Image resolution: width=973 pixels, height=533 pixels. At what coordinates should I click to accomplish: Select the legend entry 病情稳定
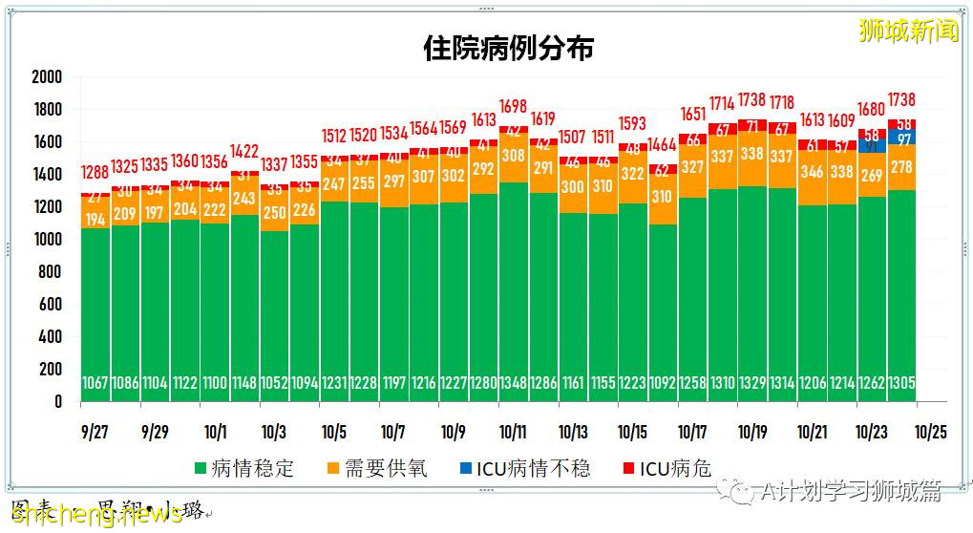coord(244,468)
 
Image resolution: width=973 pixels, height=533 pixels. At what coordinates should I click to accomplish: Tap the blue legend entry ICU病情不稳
coord(525,468)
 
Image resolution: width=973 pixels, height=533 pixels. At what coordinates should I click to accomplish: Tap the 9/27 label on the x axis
coord(95,432)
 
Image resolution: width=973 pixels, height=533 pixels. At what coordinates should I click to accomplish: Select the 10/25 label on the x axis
coord(930,432)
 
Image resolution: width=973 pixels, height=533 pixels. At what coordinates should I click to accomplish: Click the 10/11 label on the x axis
coord(513,432)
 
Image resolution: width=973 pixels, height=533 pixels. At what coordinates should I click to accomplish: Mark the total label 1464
coord(662,145)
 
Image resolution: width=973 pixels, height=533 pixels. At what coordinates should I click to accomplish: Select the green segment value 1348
coord(513,383)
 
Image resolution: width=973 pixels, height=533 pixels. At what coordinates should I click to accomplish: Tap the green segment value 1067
coord(95,383)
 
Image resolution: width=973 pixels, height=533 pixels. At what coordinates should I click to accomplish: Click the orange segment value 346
coord(811,173)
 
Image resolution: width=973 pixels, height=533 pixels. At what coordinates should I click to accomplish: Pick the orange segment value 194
coord(95,219)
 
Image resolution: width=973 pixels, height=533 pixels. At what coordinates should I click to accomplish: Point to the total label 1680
coord(871,110)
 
